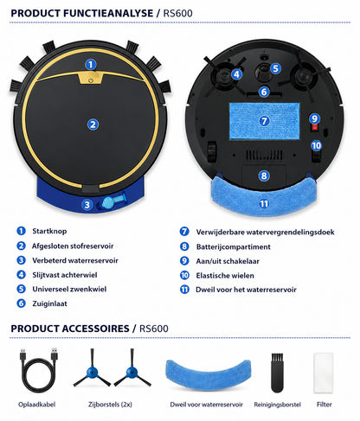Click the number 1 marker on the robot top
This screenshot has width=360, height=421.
pyautogui.click(x=91, y=64)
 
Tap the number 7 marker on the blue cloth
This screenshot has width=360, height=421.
pyautogui.click(x=264, y=121)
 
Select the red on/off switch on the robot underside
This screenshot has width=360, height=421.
pyautogui.click(x=315, y=127)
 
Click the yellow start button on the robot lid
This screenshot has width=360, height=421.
pyautogui.click(x=91, y=79)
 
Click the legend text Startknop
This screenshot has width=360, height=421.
pyautogui.click(x=49, y=231)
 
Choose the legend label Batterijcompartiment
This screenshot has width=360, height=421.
pyautogui.click(x=233, y=246)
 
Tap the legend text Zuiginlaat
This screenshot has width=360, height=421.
pyautogui.click(x=49, y=303)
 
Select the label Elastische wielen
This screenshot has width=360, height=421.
pyautogui.click(x=225, y=276)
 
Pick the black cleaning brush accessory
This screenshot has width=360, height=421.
pyautogui.click(x=277, y=373)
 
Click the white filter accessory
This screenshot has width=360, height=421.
pyautogui.click(x=324, y=373)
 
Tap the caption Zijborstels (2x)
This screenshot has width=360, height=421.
pyautogui.click(x=110, y=405)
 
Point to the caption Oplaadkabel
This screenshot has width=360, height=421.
pyautogui.click(x=36, y=405)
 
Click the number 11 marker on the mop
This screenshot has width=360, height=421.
pyautogui.click(x=264, y=204)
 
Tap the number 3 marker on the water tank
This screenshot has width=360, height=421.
pyautogui.click(x=87, y=205)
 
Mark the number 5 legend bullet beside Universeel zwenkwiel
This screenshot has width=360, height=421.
pyautogui.click(x=21, y=289)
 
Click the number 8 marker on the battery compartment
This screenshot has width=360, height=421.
pyautogui.click(x=264, y=175)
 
